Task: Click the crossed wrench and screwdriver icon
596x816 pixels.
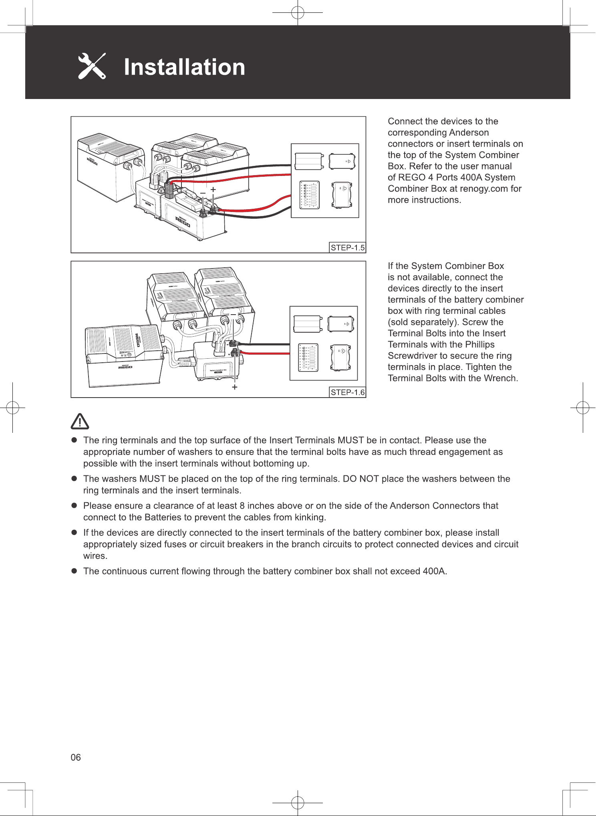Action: point(92,66)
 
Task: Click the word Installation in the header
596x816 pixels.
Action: point(184,67)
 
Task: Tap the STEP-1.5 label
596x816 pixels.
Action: point(348,248)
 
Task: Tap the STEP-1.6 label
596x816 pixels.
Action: point(348,392)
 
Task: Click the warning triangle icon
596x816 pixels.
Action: point(80,421)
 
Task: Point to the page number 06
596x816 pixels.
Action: point(76,757)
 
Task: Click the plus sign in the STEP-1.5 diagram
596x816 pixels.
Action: point(213,189)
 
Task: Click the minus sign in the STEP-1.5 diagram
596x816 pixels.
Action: point(203,193)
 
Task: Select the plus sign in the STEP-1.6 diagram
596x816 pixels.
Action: point(235,387)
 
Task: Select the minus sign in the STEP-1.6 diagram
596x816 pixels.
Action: point(233,315)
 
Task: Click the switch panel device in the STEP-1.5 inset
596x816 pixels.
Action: point(310,195)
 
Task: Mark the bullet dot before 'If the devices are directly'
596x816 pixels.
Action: point(74,533)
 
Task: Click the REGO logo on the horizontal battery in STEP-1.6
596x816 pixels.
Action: point(125,367)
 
